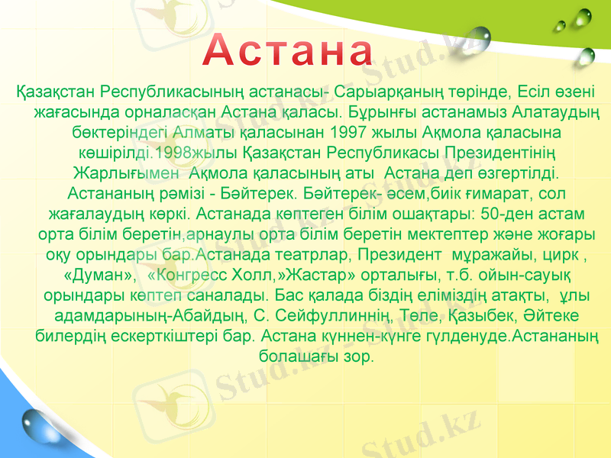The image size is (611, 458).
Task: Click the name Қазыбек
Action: [472, 316]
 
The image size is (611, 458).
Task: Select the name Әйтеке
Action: [544, 316]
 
